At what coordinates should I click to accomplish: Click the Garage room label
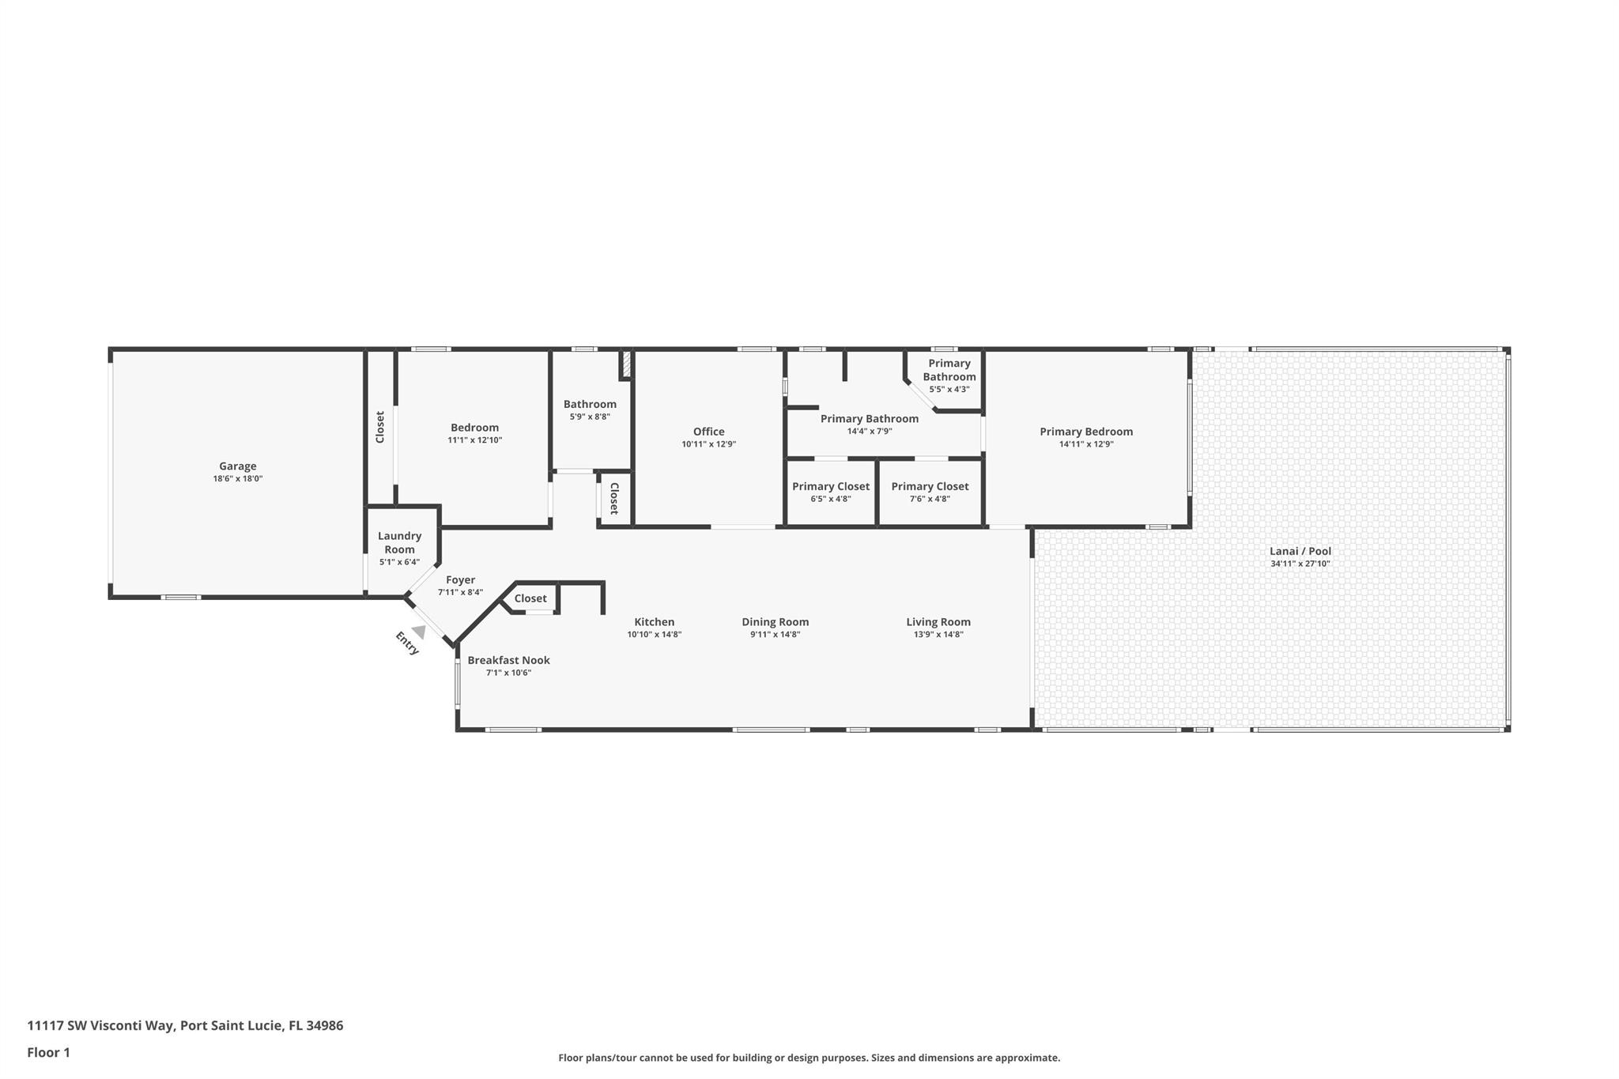237,466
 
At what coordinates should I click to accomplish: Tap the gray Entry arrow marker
419,632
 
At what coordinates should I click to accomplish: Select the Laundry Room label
399,542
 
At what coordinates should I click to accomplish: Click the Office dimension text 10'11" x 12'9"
708,444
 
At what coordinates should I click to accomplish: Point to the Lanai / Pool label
1300,551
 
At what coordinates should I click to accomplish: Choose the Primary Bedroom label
1085,432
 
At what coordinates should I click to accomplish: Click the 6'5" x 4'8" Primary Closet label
830,487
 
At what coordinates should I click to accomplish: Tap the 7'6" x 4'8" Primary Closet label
930,487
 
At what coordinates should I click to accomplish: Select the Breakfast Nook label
508,660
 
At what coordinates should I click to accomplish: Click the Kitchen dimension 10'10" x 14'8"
654,634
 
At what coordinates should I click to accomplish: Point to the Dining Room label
775,622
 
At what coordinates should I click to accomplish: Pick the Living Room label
938,622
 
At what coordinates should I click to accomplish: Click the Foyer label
460,580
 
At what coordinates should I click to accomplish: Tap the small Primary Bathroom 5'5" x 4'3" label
949,370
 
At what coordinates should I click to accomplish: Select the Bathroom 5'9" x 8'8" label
590,404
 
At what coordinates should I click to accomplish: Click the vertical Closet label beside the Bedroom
380,427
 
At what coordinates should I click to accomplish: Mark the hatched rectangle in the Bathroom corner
625,364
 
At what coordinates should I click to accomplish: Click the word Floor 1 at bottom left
48,1052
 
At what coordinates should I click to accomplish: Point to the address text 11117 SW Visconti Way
100,1025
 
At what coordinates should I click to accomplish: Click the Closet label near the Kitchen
530,598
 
